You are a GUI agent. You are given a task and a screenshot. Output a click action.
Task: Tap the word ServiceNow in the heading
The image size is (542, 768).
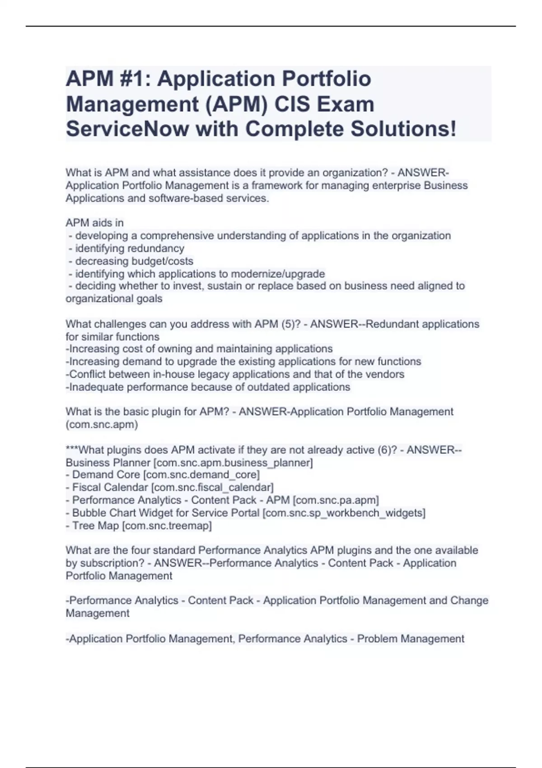tap(127, 129)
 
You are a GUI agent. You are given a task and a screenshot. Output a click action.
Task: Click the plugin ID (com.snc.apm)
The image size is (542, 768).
tap(102, 425)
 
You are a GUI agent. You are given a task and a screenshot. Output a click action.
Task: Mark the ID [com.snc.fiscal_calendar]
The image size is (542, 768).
tap(212, 487)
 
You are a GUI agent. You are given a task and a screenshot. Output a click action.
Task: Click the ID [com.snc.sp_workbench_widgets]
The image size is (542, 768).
tap(344, 513)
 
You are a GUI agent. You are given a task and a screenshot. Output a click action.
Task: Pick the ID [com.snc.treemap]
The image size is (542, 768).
tap(167, 526)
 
